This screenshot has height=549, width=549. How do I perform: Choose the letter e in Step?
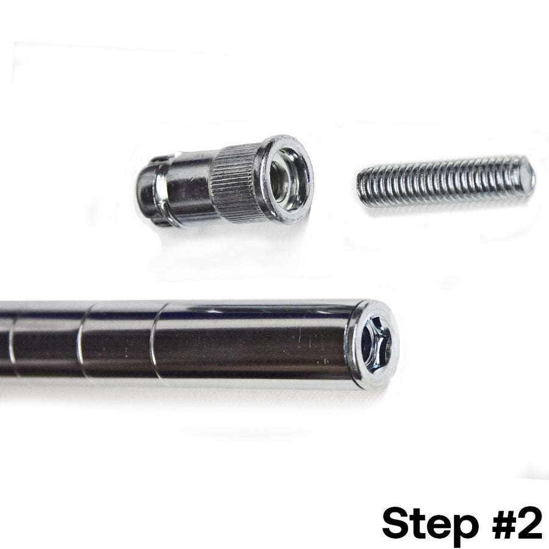(434, 526)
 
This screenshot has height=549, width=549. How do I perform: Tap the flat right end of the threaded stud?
(527, 172)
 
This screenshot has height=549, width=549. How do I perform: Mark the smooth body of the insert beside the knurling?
(183, 190)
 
